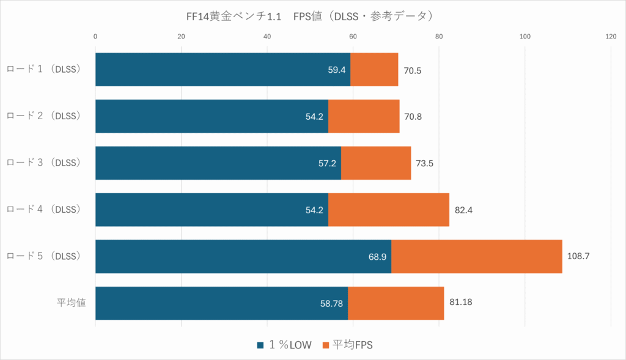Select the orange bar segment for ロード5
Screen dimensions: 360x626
pyautogui.click(x=476, y=256)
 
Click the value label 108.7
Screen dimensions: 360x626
pyautogui.click(x=578, y=257)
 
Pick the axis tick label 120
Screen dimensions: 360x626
pyautogui.click(x=611, y=37)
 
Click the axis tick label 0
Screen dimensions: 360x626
pyautogui.click(x=95, y=37)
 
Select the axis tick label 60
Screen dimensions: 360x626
pyautogui.click(x=353, y=37)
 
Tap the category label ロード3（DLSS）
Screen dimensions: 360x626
pyautogui.click(x=44, y=163)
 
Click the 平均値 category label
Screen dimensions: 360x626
pyautogui.click(x=71, y=303)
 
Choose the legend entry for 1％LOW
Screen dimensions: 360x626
pyautogui.click(x=285, y=345)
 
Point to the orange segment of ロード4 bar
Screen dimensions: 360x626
pyautogui.click(x=389, y=210)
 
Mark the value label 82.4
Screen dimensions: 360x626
pyautogui.click(x=464, y=210)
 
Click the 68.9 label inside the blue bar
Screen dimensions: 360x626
pyautogui.click(x=377, y=257)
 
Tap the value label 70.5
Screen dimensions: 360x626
pyautogui.click(x=413, y=70)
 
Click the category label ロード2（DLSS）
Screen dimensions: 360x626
pyautogui.click(x=44, y=116)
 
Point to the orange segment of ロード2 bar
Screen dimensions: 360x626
pyautogui.click(x=364, y=116)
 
